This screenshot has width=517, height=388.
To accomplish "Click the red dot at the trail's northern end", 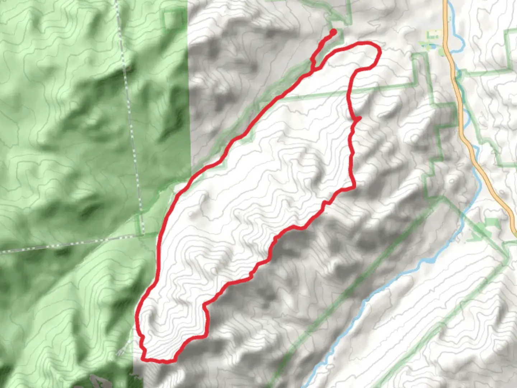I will (333, 32).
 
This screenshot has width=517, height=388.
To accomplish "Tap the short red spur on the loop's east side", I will (357, 119).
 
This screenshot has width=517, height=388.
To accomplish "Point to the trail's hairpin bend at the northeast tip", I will (378, 54).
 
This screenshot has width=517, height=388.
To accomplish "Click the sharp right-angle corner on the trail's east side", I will (354, 187).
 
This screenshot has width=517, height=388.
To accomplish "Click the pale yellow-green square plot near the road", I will (433, 35).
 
